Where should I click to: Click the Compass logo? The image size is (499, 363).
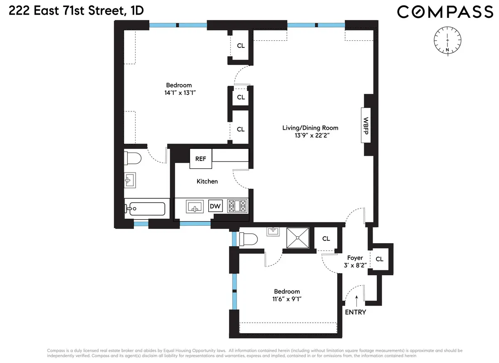point(445,12)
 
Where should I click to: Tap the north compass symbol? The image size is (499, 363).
point(447,40)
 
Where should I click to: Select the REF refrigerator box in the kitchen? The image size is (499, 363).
point(200,158)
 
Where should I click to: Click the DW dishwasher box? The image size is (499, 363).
point(215,206)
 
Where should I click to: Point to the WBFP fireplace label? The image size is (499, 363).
point(366,125)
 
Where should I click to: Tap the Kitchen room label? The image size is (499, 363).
point(207,181)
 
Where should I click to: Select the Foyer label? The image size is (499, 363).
point(355,258)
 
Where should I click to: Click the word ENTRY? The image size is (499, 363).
point(356,312)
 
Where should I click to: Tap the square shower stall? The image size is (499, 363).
point(298,238)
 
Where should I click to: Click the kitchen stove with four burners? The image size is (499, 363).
point(237,206)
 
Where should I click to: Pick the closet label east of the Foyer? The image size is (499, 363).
point(379,259)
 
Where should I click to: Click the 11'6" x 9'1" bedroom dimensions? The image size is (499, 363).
point(287,299)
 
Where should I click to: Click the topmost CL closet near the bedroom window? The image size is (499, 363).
point(241,46)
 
